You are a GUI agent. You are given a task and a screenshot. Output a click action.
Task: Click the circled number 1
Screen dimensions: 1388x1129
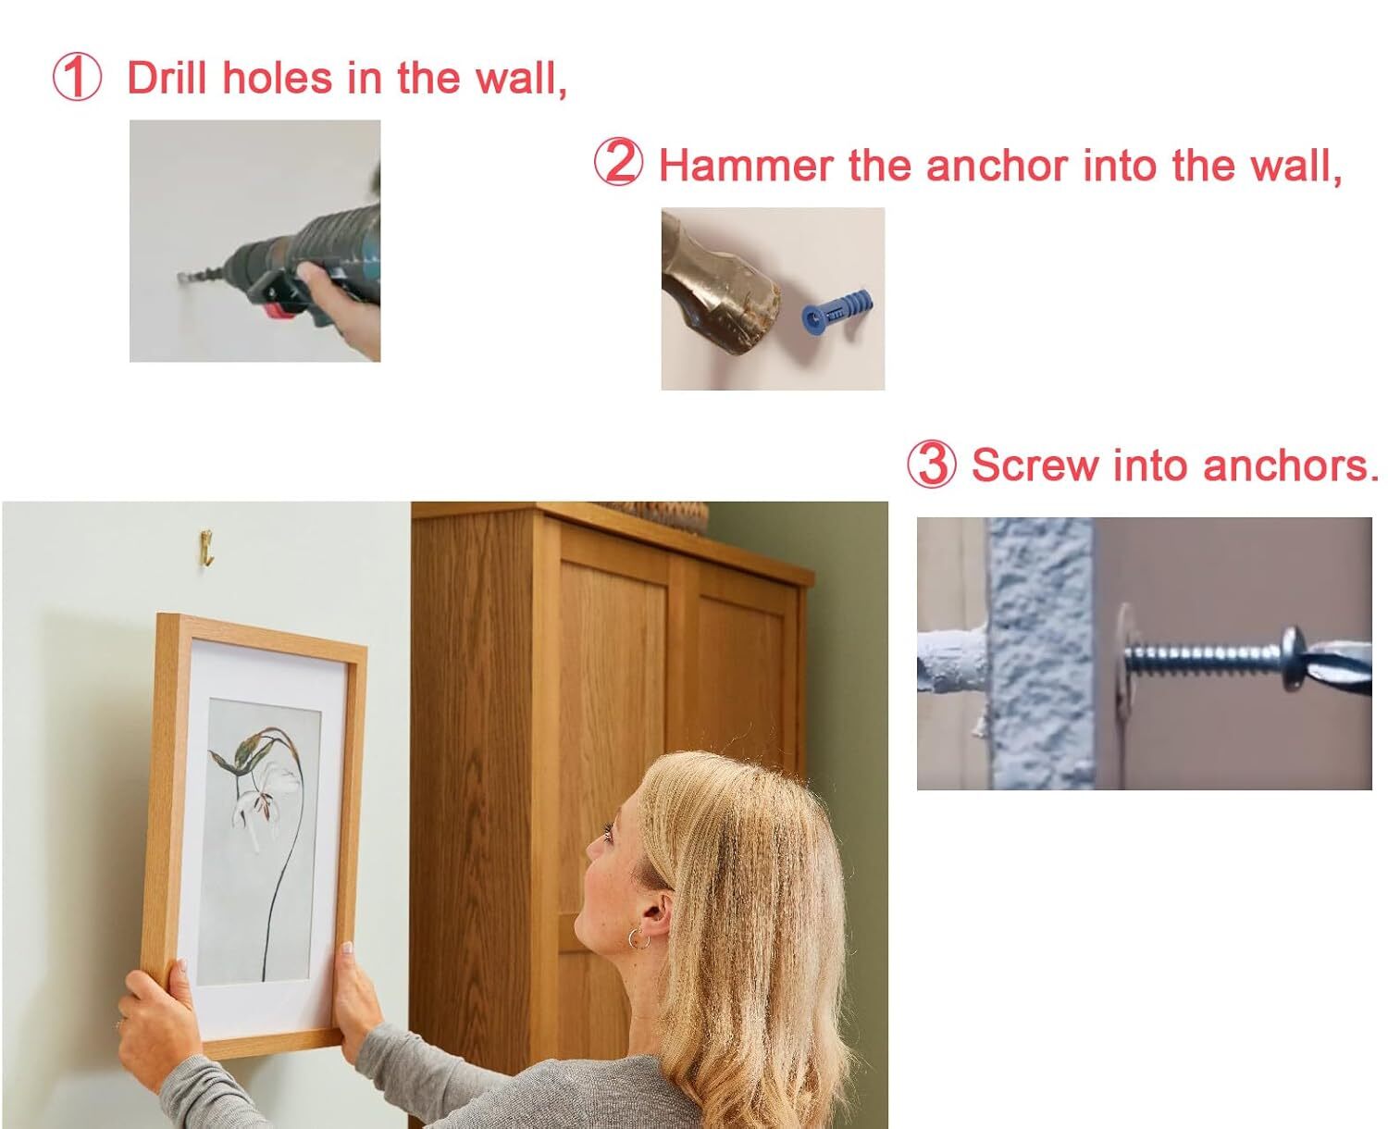tap(77, 78)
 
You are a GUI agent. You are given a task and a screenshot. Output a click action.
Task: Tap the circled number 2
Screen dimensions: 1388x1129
tap(618, 163)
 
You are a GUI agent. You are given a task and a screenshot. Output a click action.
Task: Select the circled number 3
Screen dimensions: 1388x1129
tap(932, 464)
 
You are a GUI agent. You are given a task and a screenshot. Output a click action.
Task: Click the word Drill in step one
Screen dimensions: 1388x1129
tap(167, 78)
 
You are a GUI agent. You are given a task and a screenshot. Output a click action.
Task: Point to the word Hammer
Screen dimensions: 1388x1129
tap(746, 165)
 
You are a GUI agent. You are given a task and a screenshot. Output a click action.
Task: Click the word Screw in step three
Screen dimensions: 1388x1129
tap(1035, 465)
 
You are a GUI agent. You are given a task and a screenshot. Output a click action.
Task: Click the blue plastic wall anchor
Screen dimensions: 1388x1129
tap(837, 312)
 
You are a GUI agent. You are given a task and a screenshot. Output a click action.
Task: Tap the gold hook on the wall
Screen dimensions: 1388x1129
tap(206, 547)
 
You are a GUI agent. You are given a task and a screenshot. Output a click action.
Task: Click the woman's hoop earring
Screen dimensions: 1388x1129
tap(638, 938)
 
